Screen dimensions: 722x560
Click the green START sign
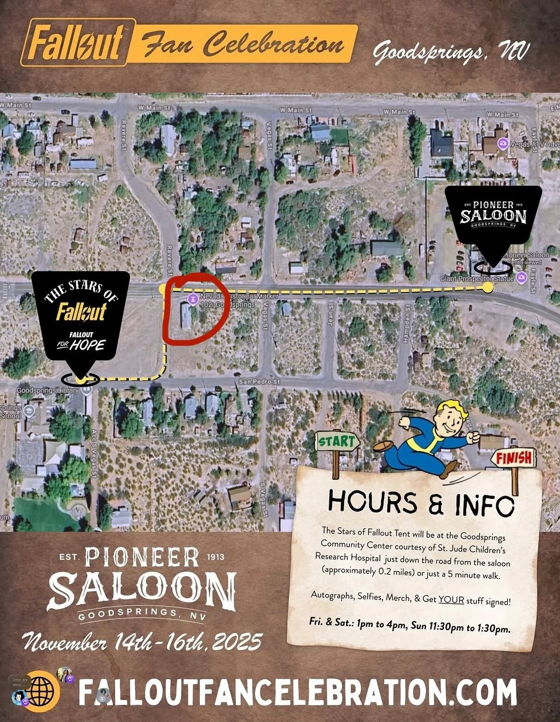tap(337, 442)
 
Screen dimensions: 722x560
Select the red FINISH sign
tap(514, 458)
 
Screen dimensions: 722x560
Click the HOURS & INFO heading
tap(421, 502)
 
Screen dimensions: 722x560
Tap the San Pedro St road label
tap(259, 382)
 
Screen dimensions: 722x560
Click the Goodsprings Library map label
tap(48, 391)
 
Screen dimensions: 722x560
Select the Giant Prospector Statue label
tap(477, 278)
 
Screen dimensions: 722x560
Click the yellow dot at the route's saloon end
tap(488, 287)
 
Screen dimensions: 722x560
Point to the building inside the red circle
tap(186, 316)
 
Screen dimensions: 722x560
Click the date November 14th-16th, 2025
tap(142, 643)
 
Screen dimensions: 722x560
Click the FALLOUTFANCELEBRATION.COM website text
tap(297, 692)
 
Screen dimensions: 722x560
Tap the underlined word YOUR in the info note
tap(451, 599)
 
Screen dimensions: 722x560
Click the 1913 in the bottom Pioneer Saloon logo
tap(215, 556)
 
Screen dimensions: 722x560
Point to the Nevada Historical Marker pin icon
tap(191, 298)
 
